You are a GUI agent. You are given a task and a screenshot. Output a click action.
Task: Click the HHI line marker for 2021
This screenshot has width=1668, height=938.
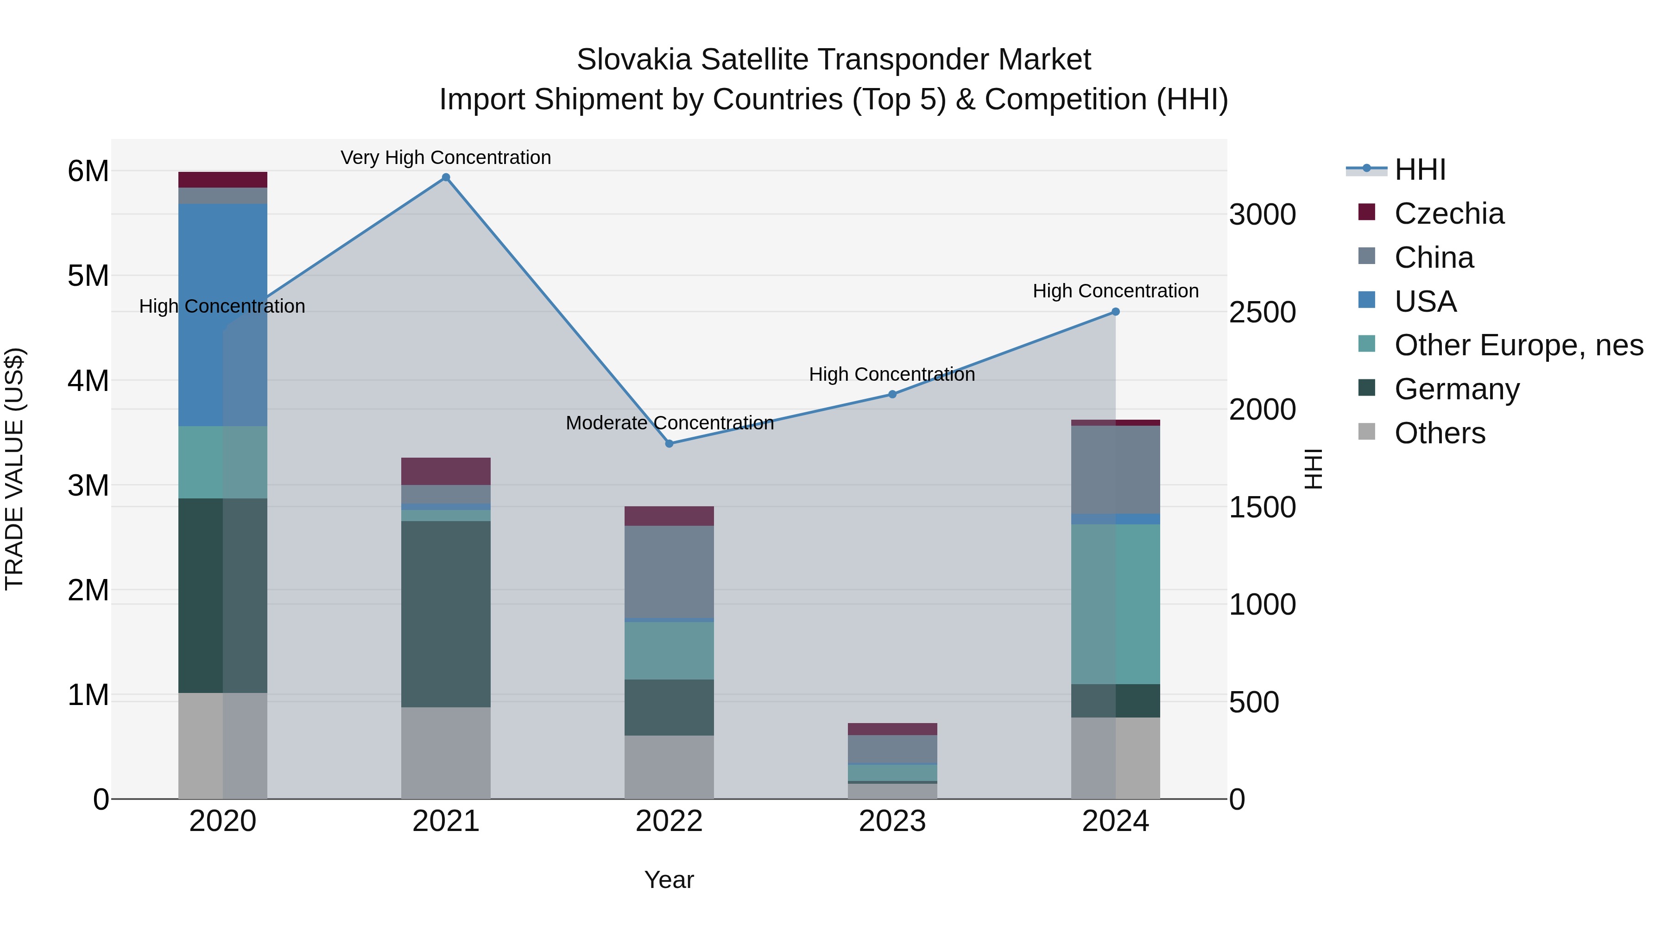(x=445, y=177)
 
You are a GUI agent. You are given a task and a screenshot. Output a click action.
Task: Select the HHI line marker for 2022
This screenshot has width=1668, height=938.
(x=669, y=443)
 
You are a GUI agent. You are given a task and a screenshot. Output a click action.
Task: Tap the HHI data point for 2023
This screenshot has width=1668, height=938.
(x=892, y=394)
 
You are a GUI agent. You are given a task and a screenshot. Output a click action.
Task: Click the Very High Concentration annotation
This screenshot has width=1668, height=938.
(x=445, y=158)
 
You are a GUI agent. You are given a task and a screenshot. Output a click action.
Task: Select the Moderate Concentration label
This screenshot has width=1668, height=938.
(x=670, y=423)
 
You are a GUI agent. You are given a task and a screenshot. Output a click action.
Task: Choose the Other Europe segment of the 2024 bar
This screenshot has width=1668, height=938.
(x=1115, y=604)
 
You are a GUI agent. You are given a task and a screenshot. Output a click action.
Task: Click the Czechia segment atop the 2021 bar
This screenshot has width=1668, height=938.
(x=445, y=471)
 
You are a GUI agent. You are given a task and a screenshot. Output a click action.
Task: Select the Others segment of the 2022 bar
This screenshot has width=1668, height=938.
(x=669, y=767)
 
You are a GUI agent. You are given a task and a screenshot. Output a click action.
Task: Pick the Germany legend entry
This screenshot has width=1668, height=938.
(x=1456, y=389)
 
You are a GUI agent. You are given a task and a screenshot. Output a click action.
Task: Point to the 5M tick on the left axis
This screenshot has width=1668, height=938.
(x=88, y=277)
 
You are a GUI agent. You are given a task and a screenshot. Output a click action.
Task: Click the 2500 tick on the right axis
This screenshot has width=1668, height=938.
(x=1262, y=313)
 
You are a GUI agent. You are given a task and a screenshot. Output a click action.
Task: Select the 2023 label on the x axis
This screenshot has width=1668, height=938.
(x=892, y=821)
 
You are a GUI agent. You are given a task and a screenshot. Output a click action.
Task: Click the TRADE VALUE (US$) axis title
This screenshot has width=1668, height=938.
(x=14, y=469)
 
